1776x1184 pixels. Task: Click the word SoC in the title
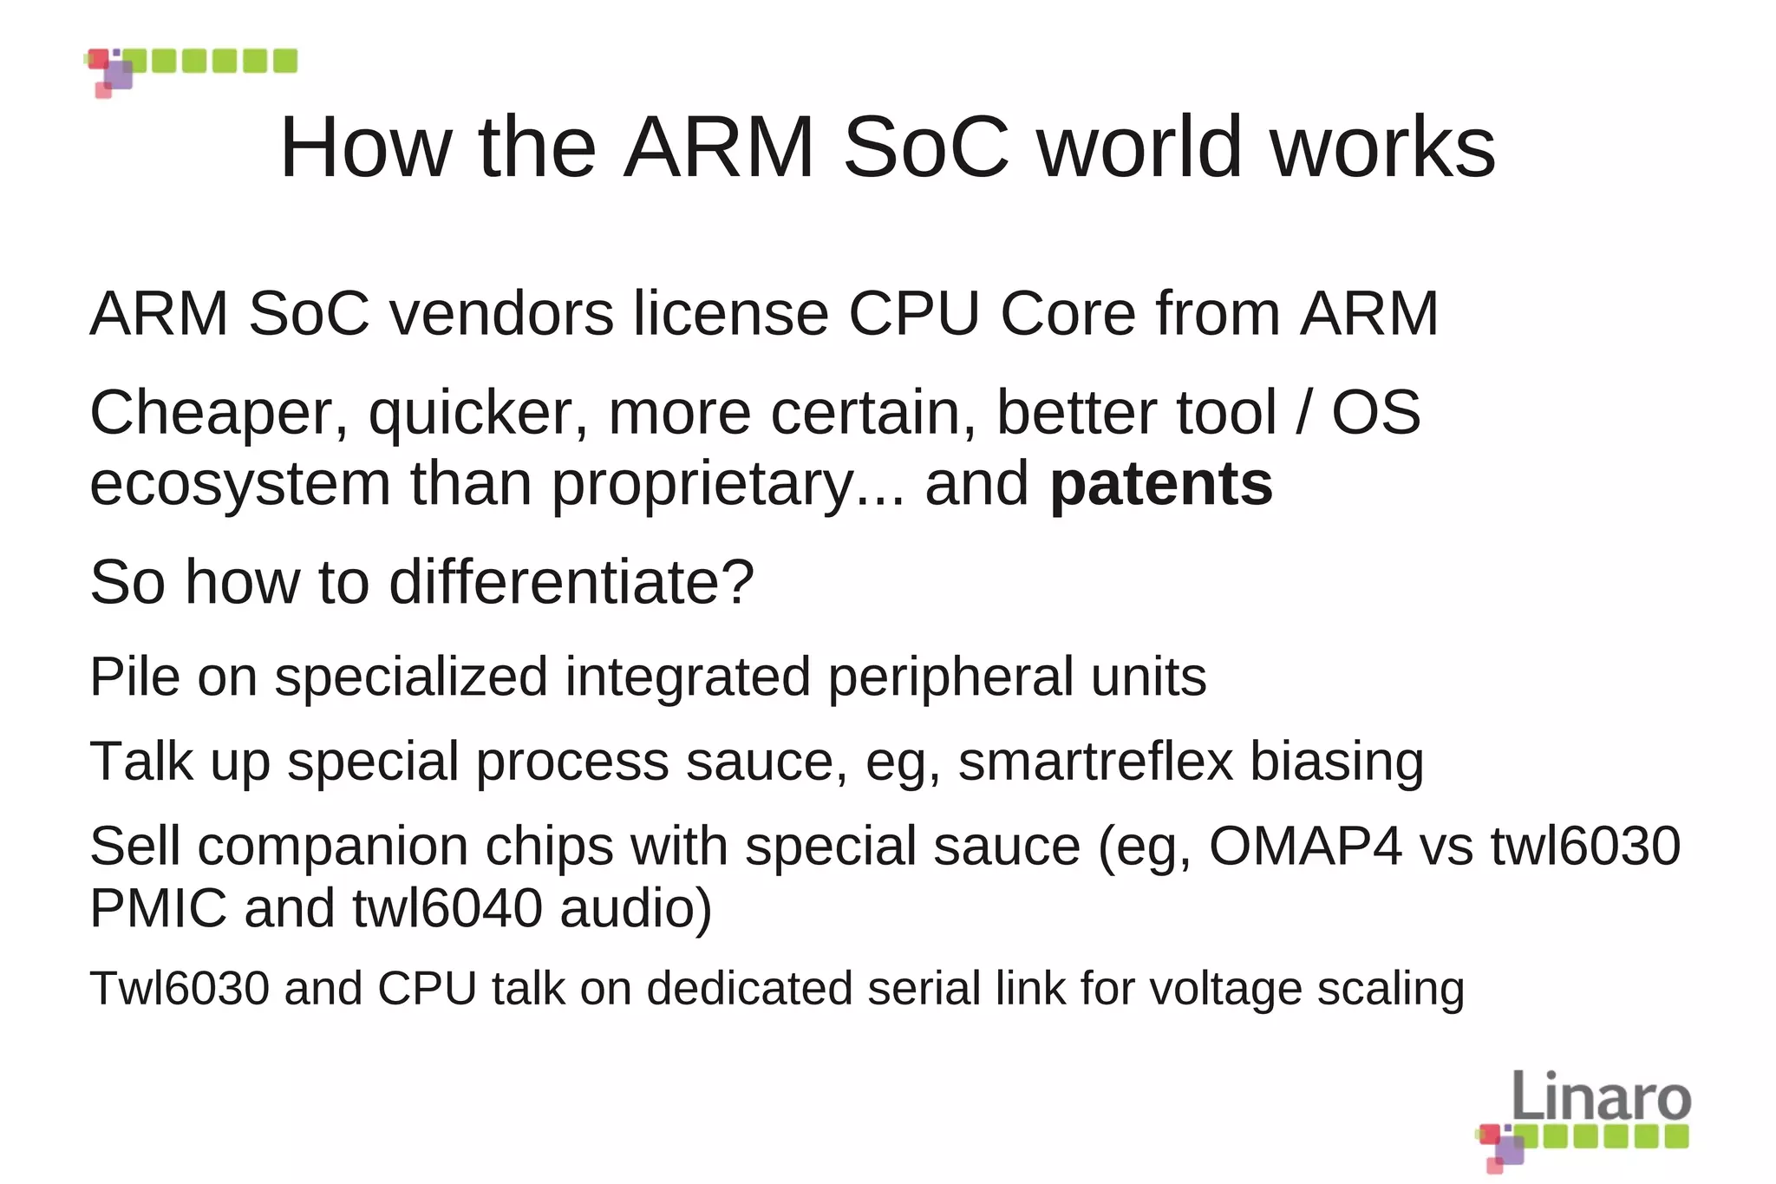click(x=925, y=147)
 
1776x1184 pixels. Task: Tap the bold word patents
click(x=1161, y=483)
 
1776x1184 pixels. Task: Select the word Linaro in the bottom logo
click(x=1601, y=1097)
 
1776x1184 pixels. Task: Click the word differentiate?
click(x=571, y=582)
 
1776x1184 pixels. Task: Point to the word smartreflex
click(x=1095, y=762)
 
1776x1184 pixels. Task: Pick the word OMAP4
click(x=1305, y=846)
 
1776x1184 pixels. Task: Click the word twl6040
click(x=447, y=908)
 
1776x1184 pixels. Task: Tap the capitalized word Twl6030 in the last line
click(x=180, y=988)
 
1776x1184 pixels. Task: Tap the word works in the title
click(x=1382, y=147)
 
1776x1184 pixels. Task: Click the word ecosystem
click(x=240, y=484)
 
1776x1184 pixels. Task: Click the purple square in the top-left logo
click(x=119, y=75)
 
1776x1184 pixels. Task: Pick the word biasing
click(x=1336, y=762)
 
